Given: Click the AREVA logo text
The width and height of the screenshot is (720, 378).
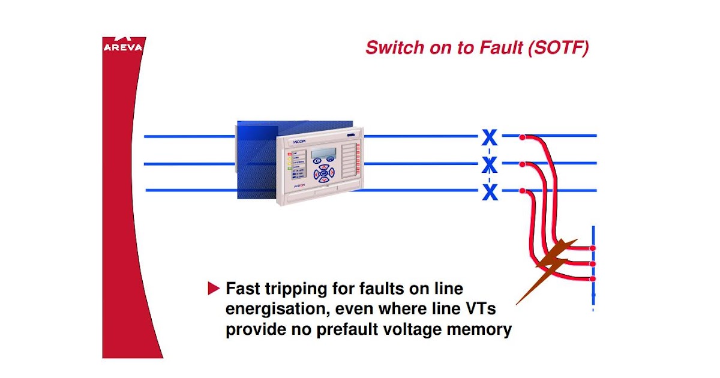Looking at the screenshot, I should coord(122,47).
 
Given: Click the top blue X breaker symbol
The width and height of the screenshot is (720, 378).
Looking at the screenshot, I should coord(490,137).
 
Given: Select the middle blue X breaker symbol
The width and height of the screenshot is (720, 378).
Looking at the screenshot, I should coord(490,164).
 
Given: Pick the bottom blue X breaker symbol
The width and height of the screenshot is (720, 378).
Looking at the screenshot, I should coord(490,192).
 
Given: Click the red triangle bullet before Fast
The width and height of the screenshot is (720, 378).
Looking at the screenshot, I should coord(214,289).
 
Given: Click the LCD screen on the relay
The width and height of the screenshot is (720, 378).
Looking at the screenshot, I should coord(323,154).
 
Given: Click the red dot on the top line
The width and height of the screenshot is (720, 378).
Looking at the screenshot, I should coord(523,137).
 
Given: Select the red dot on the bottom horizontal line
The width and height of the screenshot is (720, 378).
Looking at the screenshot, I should coord(523,191).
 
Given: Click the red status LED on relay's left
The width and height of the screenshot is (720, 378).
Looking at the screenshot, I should coord(290,154).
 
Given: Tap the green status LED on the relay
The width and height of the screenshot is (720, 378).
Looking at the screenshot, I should coord(290,169).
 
